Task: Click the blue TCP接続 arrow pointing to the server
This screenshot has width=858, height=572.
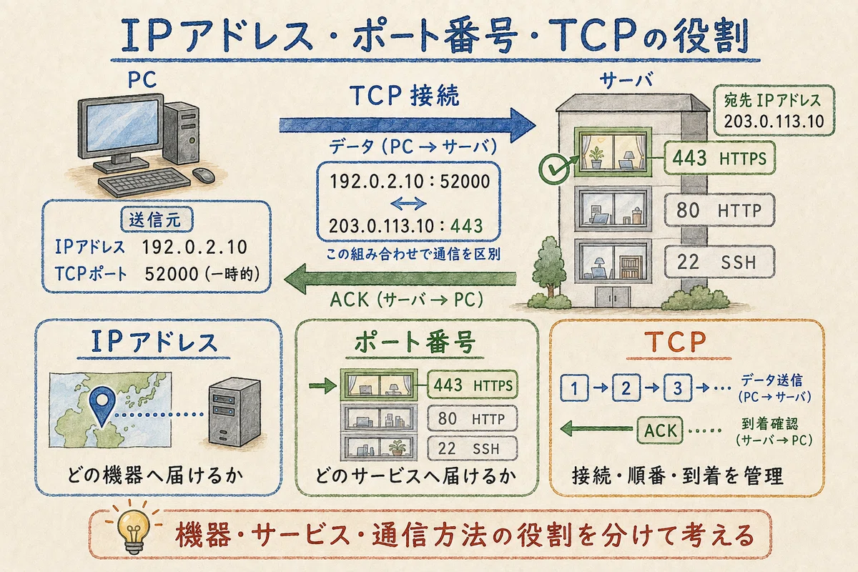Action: coord(407,125)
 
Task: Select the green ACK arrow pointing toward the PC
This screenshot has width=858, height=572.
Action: coord(400,279)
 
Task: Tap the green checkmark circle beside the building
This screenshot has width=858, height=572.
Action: coord(554,169)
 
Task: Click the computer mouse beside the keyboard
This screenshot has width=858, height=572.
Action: coord(203,175)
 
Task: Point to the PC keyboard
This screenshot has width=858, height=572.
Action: coord(144,183)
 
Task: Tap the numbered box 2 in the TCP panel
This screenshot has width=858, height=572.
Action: coord(626,388)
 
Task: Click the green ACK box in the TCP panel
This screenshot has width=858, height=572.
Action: coord(660,430)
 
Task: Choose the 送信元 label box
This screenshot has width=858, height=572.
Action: coord(157,220)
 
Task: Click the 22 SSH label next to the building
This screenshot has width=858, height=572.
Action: coord(719,262)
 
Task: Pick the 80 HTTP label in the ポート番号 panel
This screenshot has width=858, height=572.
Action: coord(472,419)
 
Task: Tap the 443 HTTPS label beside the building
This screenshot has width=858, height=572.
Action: coord(719,158)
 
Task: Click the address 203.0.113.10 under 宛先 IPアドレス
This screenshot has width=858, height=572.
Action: coord(774,122)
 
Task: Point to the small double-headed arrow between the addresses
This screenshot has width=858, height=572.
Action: coord(408,204)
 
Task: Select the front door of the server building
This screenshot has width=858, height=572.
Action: coord(613,296)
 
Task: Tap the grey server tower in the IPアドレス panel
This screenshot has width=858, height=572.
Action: coord(235,412)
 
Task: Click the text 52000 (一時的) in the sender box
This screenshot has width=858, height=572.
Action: coord(202,274)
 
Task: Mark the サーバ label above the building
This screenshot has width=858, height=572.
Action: coord(626,81)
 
